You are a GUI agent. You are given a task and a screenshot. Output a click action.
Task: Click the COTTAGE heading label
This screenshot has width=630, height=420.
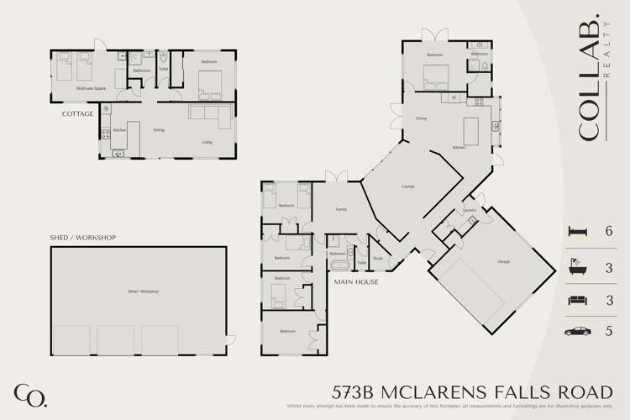click(76, 113)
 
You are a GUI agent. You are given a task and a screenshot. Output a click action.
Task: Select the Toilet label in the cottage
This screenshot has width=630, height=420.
click(163, 69)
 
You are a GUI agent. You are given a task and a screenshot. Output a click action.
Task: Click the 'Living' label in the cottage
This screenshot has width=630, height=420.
click(207, 142)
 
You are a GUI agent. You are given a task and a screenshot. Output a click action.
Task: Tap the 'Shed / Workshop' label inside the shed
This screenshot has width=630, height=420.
click(143, 291)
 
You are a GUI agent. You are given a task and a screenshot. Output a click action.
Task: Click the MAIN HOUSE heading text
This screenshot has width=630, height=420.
click(355, 282)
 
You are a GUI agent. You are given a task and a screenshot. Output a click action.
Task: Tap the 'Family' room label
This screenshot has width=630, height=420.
click(341, 209)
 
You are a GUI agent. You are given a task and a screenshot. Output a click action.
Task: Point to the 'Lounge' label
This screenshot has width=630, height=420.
click(409, 186)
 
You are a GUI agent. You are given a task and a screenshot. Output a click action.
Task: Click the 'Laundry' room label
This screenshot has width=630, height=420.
click(469, 210)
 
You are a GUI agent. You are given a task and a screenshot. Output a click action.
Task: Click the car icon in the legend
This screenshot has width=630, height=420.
click(579, 331)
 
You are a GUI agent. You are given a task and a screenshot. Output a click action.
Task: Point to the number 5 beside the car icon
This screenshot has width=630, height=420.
click(609, 331)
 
